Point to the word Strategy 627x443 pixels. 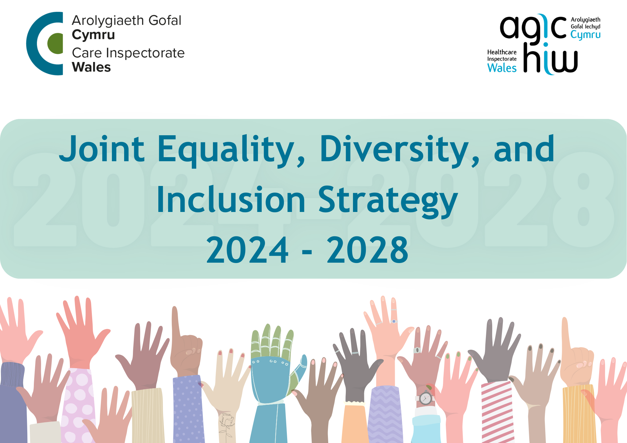388,200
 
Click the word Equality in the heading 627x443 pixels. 226,150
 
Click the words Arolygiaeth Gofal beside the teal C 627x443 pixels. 126,21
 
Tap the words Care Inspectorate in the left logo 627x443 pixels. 128,53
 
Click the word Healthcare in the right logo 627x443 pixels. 502,52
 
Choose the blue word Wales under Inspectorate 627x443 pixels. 502,68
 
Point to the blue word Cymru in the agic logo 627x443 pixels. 585,35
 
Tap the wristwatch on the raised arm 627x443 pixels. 425,398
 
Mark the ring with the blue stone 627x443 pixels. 394,321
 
